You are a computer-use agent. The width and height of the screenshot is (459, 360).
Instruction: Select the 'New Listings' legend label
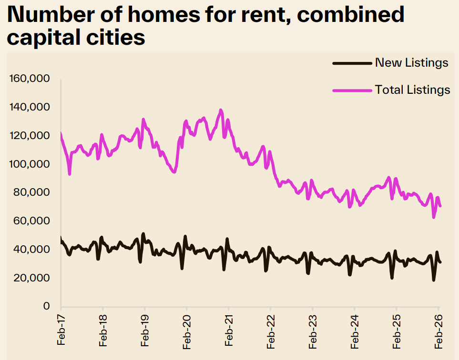[412, 63]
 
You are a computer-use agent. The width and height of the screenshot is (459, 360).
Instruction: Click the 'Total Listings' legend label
[412, 90]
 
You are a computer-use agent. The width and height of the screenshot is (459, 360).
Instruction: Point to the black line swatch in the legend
[352, 63]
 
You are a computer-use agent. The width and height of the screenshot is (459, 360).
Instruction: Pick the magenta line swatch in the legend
[352, 90]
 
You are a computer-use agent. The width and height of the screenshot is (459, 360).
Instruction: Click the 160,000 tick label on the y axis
[30, 79]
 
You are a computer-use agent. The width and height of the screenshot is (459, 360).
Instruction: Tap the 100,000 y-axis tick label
[30, 164]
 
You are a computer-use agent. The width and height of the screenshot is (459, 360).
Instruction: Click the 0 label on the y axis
[47, 306]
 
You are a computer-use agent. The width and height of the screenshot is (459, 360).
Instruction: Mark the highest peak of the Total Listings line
[221, 110]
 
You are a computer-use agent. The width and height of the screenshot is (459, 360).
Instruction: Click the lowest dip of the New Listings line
[434, 280]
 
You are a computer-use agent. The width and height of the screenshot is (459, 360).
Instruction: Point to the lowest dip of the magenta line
[434, 217]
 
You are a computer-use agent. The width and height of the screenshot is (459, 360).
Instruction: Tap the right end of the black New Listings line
[440, 262]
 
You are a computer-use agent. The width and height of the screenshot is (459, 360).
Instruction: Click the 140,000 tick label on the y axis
[30, 108]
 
